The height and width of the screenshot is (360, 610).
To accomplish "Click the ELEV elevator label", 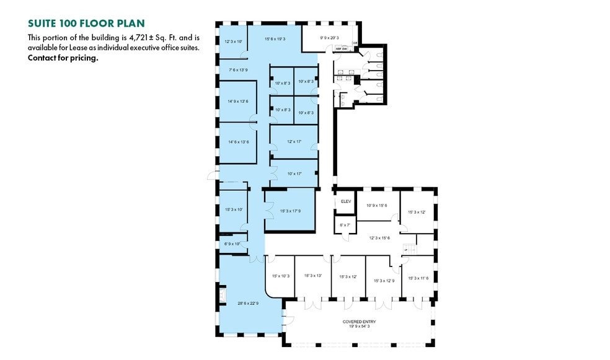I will [345, 201].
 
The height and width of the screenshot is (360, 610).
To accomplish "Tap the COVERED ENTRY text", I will [360, 322].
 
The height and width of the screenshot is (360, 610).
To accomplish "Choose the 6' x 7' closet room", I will [345, 225].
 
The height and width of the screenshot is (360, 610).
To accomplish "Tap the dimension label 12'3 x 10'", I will [233, 42].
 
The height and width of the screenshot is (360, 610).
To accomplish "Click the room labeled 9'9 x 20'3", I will [329, 38].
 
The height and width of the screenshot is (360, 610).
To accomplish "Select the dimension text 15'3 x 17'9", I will [290, 211].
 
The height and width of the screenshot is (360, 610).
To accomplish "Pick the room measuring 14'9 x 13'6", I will [238, 102].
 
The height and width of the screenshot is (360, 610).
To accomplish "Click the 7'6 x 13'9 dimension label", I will [238, 69].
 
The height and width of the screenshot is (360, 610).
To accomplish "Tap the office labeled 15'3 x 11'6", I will [418, 278].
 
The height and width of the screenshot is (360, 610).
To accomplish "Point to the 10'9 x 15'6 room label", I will [376, 206].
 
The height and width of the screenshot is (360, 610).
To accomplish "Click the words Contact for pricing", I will [63, 58].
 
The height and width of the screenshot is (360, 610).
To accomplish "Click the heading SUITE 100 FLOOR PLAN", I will [86, 24].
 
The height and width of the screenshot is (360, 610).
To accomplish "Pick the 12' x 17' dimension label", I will [294, 142].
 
